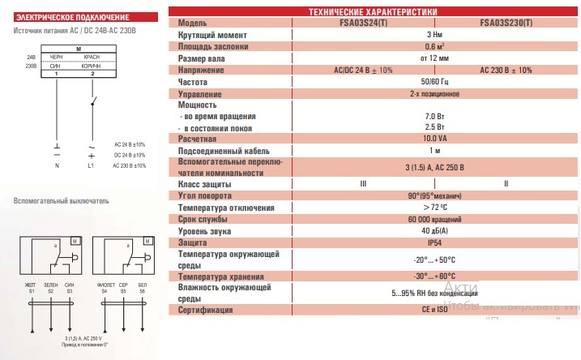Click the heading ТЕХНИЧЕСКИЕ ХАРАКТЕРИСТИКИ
(373, 11)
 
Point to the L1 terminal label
(91, 165)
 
